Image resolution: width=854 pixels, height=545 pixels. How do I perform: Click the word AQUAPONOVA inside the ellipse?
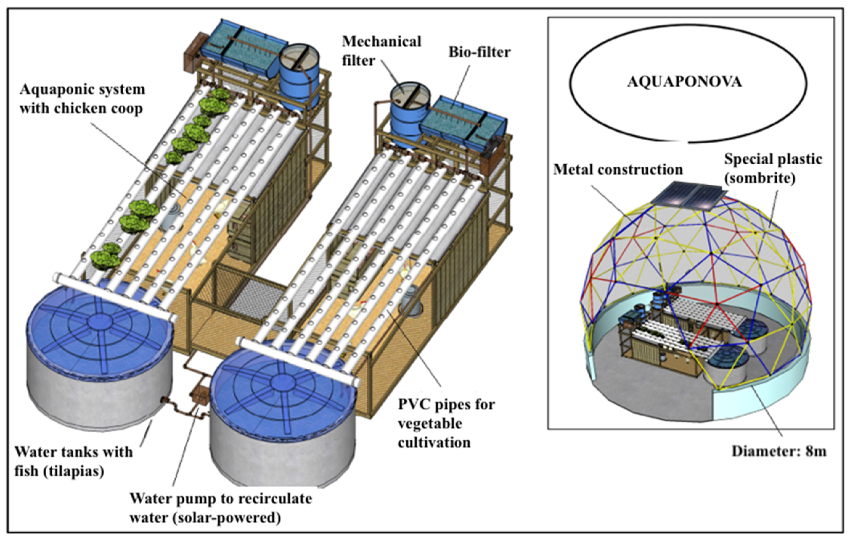click(684, 82)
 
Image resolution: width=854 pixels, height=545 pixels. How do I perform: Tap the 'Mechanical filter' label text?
click(381, 51)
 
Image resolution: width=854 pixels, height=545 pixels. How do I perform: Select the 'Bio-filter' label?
click(480, 52)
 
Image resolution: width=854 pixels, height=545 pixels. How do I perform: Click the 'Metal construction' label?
click(618, 170)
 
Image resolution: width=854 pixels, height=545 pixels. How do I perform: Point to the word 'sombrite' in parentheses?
click(759, 178)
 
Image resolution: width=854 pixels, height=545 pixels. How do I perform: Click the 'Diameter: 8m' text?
click(779, 451)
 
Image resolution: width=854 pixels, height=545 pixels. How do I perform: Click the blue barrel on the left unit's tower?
click(299, 76)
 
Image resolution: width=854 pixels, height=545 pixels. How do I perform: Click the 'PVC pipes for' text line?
click(446, 404)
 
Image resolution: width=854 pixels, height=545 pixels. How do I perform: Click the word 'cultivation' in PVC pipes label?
click(434, 443)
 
